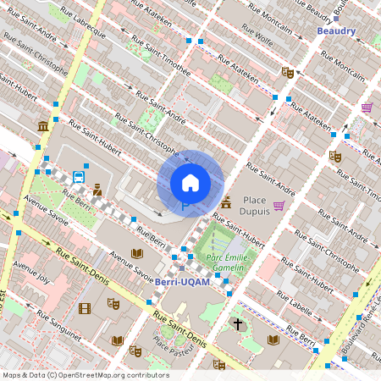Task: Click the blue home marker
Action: [x=190, y=182]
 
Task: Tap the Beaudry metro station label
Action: [x=336, y=31]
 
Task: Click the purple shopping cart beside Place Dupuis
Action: [x=279, y=206]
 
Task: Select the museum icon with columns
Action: [x=42, y=127]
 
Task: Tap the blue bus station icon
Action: [x=78, y=177]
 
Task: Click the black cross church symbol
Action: [x=238, y=324]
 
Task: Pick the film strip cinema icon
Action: [x=84, y=308]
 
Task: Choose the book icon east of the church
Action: [x=273, y=340]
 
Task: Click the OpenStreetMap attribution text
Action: [x=86, y=375]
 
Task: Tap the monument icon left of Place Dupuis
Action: [x=226, y=202]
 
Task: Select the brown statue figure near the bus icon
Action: [x=97, y=190]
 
